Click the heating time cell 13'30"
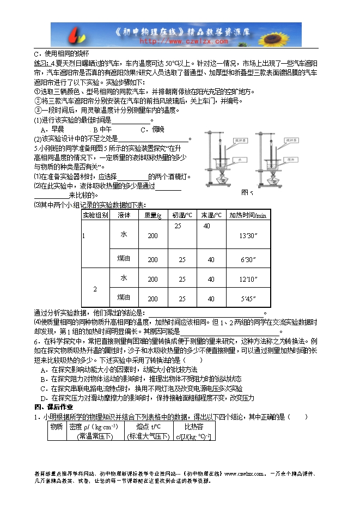[248, 235]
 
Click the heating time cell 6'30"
[248, 260]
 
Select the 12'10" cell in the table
[248, 279]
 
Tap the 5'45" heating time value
[248, 299]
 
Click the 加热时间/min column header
[248, 215]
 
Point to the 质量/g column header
[152, 215]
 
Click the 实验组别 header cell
[95, 215]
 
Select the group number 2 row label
[95, 288]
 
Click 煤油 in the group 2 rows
[124, 297]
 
